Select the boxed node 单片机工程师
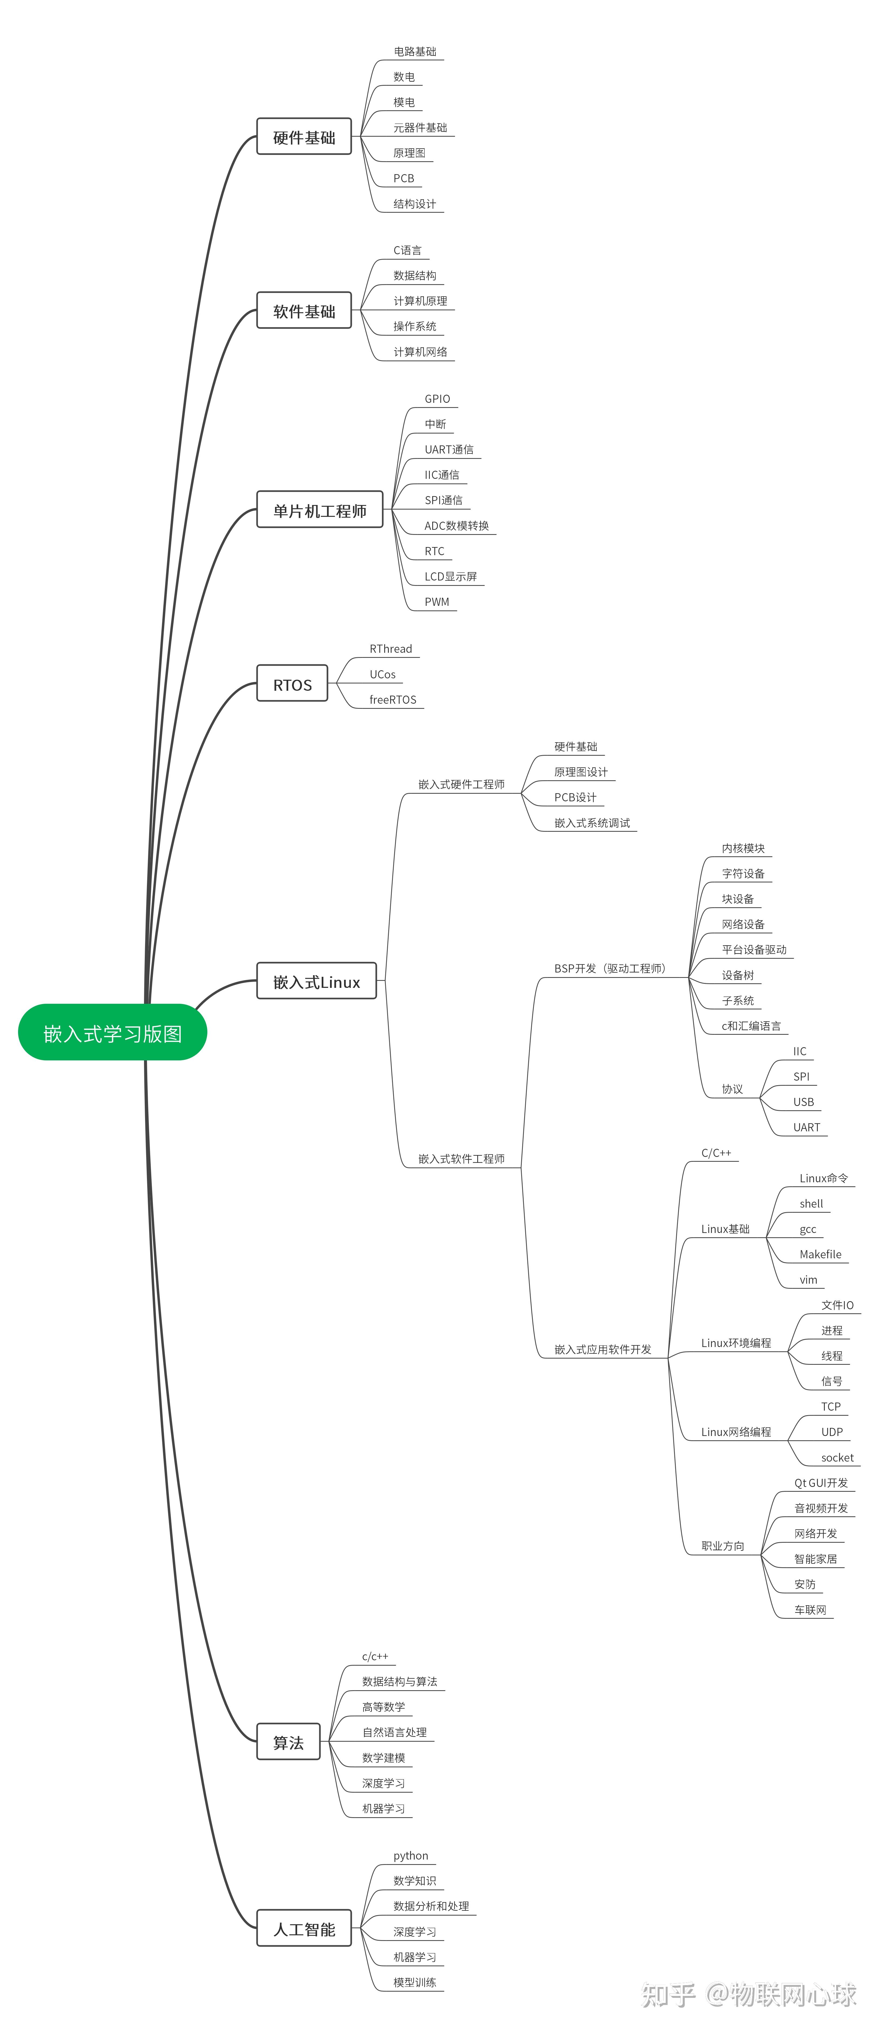click(320, 509)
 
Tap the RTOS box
click(293, 683)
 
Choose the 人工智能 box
click(304, 1929)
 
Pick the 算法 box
click(289, 1743)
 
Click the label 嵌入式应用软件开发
click(603, 1349)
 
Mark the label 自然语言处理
click(394, 1732)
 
